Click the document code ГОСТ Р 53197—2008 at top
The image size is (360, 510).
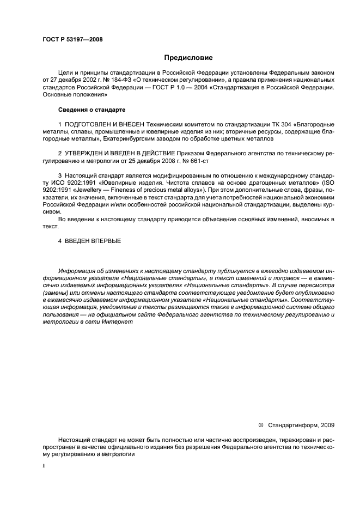click(72, 39)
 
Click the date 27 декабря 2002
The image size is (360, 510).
click(70, 79)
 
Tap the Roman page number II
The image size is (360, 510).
click(44, 466)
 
